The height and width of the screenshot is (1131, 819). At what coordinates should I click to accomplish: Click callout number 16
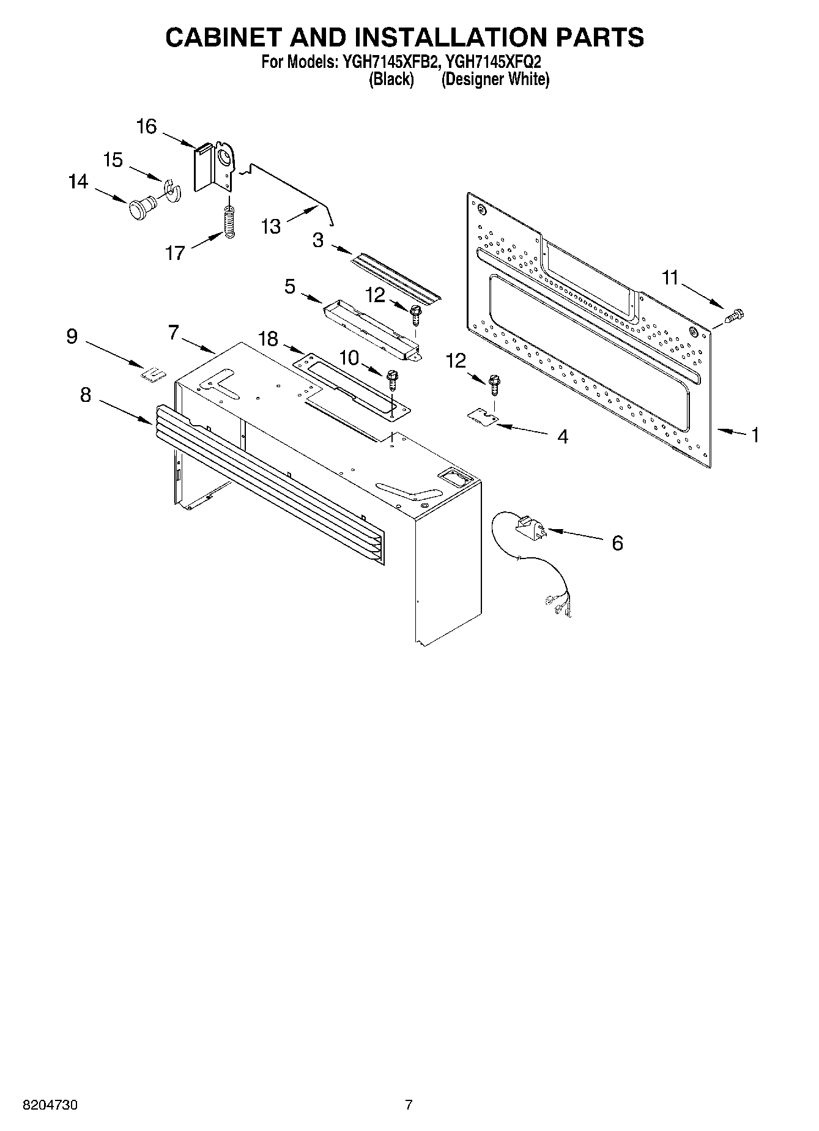[147, 127]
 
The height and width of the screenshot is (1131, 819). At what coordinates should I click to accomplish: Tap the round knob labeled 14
[140, 209]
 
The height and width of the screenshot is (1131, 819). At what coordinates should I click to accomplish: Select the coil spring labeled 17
[229, 222]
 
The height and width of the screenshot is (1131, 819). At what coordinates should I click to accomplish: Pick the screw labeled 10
[392, 379]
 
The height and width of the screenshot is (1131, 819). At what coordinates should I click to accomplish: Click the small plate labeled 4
[483, 416]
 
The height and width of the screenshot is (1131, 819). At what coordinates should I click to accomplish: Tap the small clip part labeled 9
[154, 373]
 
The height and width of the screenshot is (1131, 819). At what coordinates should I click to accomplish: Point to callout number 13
[270, 226]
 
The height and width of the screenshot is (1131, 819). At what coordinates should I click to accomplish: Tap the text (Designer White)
[495, 80]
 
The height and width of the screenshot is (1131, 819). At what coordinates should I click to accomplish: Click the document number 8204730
[50, 1105]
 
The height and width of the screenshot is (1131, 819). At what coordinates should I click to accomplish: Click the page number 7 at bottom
[409, 1105]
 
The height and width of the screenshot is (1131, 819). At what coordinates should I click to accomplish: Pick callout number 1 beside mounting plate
[755, 435]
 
